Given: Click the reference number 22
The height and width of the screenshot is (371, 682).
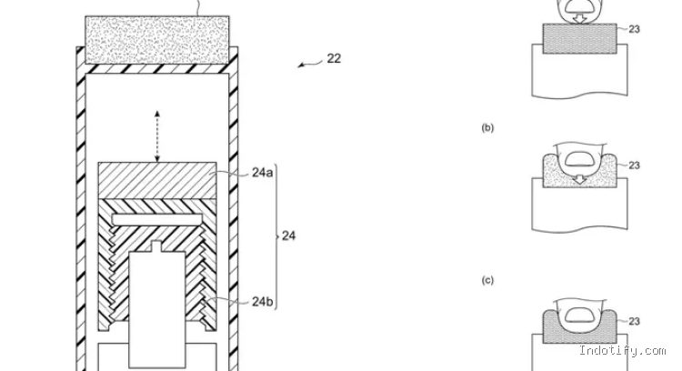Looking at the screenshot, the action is (334, 58).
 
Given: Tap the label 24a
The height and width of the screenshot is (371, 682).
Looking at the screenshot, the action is (263, 173).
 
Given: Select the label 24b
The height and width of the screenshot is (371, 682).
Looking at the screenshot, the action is (263, 301).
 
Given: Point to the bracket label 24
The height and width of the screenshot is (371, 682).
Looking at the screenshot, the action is (289, 236).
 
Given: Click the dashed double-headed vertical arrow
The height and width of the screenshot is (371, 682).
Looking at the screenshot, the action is (157, 136).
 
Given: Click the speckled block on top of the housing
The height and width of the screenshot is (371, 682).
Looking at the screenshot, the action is (157, 40).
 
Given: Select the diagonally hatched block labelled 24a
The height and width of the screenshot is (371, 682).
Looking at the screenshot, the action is (157, 180).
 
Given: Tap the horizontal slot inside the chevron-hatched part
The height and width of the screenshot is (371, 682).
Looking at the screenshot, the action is (157, 219).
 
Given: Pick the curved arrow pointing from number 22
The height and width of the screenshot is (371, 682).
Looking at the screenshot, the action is (310, 64).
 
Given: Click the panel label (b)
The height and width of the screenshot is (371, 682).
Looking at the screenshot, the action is (487, 128).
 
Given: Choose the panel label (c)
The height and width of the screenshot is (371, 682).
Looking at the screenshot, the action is (487, 281).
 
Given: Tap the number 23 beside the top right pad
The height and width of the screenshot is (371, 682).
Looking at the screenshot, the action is (634, 30).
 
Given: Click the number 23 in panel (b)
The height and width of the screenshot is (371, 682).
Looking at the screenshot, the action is (634, 165).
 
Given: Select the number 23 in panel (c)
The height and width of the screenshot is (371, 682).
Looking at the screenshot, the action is (634, 321).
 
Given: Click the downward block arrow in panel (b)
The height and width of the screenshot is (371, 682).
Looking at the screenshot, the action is (579, 178).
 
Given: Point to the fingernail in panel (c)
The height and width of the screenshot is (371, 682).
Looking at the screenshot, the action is (578, 315).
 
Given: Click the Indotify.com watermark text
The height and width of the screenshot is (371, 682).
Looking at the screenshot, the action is (622, 351).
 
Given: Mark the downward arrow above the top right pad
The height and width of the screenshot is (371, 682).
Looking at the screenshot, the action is (579, 18).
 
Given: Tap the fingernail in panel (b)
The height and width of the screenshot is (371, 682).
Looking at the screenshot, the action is (578, 159).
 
